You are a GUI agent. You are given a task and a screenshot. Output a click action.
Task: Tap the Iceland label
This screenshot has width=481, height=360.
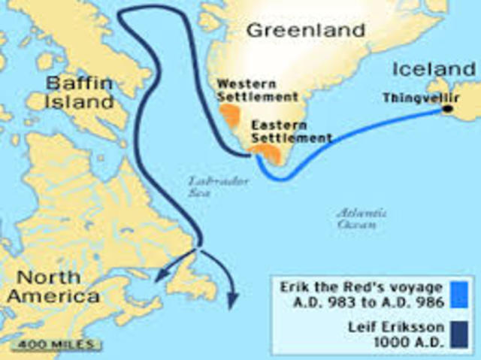pos(434,70)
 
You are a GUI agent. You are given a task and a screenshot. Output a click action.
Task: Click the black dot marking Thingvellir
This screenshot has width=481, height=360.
pos(448,110)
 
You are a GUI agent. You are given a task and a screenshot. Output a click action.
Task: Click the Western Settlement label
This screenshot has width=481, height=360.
pos(257,89)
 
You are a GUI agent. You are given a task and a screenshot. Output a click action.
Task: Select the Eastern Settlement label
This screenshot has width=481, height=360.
pos(290,132)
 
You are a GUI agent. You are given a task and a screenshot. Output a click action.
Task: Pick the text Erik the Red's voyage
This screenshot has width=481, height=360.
pos(362,287)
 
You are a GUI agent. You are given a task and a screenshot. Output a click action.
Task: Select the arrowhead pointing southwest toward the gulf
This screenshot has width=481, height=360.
pos(159,279)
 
